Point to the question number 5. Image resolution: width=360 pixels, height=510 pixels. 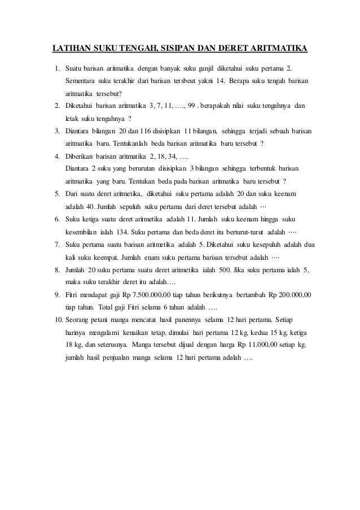click(x=57, y=194)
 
